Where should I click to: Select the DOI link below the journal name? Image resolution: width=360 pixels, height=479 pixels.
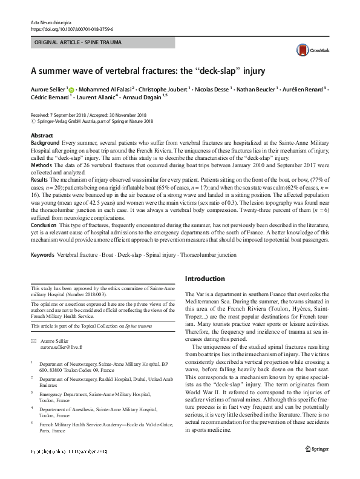click(71, 29)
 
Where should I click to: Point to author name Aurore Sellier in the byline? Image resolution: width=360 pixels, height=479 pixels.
click(48, 89)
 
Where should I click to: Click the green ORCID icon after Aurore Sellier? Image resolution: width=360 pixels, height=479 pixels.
click(71, 90)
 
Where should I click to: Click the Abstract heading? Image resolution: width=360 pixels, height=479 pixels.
click(42, 135)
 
